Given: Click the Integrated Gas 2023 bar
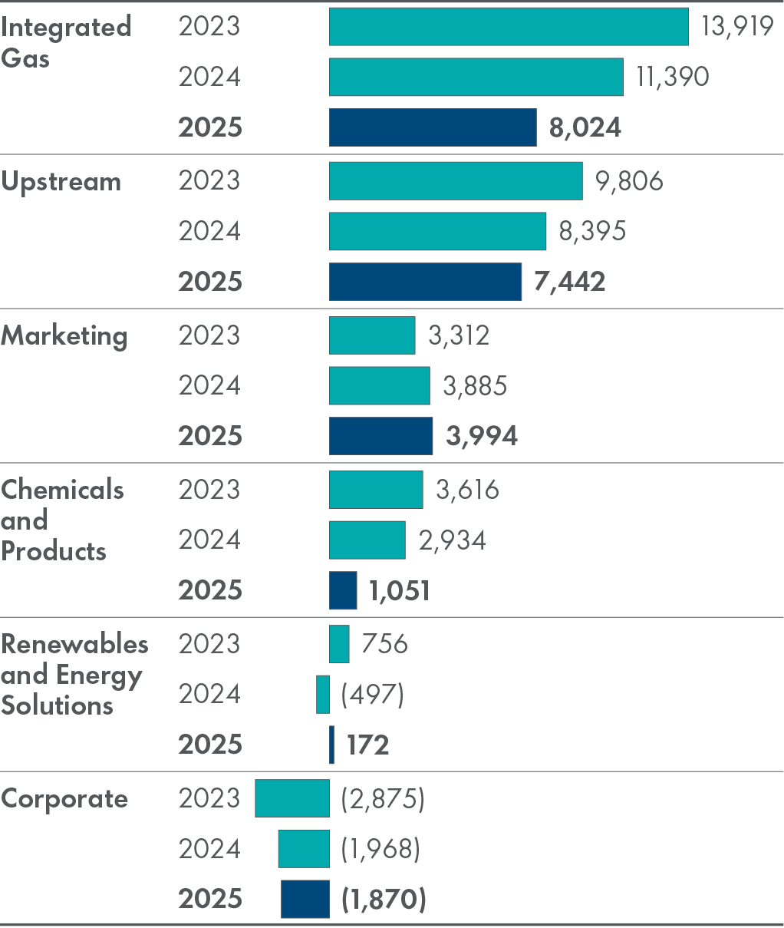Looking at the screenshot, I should click(509, 27).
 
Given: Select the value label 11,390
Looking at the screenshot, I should click(672, 77).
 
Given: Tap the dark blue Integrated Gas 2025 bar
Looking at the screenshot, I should click(433, 127).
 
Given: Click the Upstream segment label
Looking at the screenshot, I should click(61, 182).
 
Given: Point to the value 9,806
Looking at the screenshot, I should click(629, 181).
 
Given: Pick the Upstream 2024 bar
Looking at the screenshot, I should click(437, 231).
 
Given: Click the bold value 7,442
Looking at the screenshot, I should click(569, 282).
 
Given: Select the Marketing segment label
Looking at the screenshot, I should click(64, 336).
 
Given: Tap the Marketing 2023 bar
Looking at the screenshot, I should click(372, 335).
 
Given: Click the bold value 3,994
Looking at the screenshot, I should click(482, 436).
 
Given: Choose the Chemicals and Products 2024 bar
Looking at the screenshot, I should click(367, 540).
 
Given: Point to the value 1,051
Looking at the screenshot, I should click(399, 591).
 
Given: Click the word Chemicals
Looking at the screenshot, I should click(62, 489).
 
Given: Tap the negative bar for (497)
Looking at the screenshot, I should click(323, 695).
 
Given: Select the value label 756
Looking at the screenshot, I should click(384, 643).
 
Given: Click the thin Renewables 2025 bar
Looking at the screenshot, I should click(331, 745).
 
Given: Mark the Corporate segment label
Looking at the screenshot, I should click(64, 798).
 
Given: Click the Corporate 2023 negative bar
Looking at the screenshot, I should click(292, 798).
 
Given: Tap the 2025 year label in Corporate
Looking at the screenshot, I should click(210, 899).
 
